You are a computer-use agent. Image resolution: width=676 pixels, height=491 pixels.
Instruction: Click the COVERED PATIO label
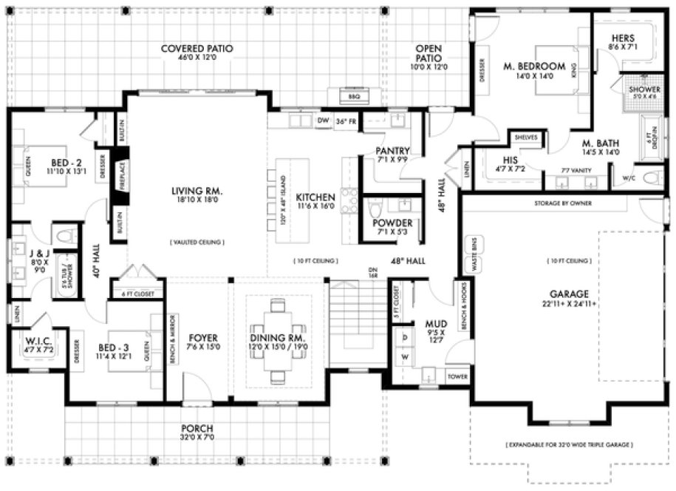[197, 49]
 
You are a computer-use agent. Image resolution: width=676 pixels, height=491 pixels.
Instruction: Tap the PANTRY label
[393, 150]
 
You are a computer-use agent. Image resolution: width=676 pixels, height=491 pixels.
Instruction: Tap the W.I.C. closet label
[33, 341]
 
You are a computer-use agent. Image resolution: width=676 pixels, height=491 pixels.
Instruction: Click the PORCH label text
[197, 428]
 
